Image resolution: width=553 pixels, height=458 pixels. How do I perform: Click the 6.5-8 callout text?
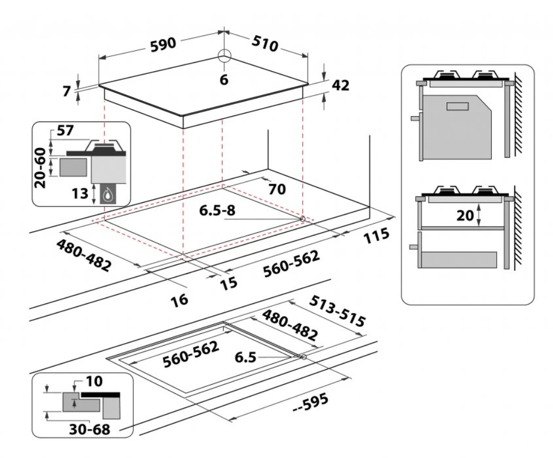pyautogui.click(x=218, y=210)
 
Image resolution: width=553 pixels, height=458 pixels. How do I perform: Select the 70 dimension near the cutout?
pyautogui.click(x=275, y=188)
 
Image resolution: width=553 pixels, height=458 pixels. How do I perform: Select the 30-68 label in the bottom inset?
pyautogui.click(x=89, y=429)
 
